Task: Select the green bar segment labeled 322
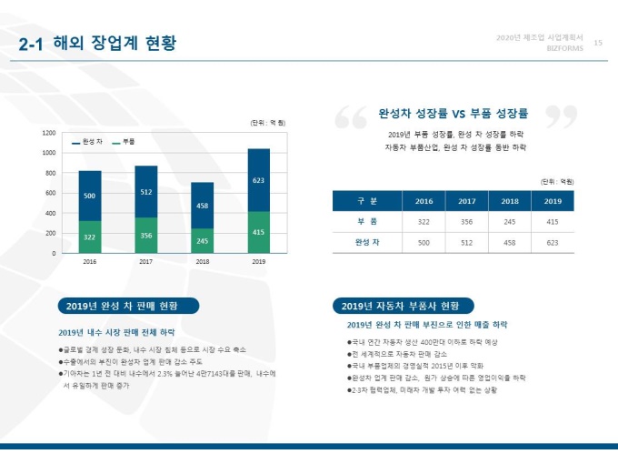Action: click(90, 237)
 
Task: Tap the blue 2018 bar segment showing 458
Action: click(203, 206)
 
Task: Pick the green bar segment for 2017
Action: click(146, 235)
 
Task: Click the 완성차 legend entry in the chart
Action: click(88, 142)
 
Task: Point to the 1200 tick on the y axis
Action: click(49, 133)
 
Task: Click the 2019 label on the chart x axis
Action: click(259, 261)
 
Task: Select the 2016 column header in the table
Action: click(424, 201)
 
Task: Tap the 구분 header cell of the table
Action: click(367, 201)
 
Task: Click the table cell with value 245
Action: click(510, 222)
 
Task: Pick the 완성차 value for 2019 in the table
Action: click(553, 242)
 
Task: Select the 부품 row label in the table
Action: click(367, 222)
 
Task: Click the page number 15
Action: click(597, 42)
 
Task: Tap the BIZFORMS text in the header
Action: click(564, 48)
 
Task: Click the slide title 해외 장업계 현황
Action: click(98, 44)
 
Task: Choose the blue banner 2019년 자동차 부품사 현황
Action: click(401, 306)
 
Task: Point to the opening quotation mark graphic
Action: click(351, 116)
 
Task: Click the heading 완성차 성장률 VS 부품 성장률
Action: click(453, 114)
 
